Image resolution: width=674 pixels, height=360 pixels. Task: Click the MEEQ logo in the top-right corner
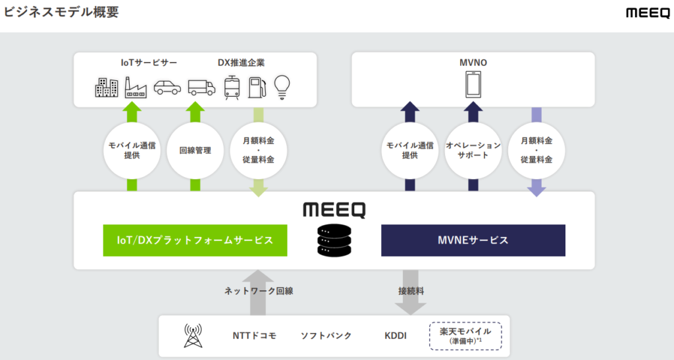pos(647,13)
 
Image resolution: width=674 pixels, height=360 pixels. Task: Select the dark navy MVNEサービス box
pos(473,240)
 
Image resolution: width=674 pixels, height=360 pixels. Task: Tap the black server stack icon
pos(334,241)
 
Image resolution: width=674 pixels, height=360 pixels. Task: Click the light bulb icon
pos(282,86)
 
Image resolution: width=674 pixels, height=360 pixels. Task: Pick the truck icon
pos(201,87)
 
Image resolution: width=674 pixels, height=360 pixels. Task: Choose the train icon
pos(232,87)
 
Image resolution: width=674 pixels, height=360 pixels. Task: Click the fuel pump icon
pos(256,87)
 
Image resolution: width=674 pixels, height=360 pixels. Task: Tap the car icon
pos(167,87)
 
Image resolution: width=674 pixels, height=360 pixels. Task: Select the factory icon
pos(136,87)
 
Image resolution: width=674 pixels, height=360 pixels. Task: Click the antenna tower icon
pos(192,336)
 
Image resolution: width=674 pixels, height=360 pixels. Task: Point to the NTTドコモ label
pos(254,336)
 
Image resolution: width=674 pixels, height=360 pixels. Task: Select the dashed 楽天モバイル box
pos(465,336)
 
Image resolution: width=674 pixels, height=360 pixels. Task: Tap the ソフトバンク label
pos(326,336)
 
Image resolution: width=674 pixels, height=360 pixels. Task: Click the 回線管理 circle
pos(195,150)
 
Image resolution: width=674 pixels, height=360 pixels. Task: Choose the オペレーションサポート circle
pos(473,150)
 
